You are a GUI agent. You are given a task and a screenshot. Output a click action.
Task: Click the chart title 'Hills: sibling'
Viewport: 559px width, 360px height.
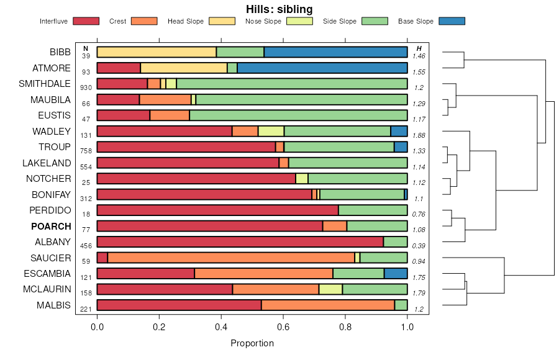(x=279, y=9)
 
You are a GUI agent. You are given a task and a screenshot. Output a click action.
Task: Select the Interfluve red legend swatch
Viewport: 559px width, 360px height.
(x=86, y=21)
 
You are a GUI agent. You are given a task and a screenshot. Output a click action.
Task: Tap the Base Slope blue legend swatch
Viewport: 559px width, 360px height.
(x=452, y=21)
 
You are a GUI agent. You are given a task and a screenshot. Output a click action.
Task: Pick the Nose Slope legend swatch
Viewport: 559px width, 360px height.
(x=299, y=21)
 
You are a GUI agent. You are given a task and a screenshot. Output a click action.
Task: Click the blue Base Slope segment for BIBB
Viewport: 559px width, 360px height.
(x=335, y=52)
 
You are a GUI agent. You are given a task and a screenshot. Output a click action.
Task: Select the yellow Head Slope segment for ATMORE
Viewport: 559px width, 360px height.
(x=184, y=68)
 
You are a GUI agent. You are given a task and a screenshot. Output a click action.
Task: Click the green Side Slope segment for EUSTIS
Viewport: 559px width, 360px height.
(x=298, y=115)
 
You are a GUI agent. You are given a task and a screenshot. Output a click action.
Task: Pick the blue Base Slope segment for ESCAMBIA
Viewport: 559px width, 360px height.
(x=396, y=274)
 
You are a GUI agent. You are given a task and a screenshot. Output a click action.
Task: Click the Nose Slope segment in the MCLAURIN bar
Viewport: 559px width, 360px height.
(x=330, y=289)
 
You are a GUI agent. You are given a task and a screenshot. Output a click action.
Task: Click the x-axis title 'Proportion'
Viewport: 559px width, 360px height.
(x=252, y=343)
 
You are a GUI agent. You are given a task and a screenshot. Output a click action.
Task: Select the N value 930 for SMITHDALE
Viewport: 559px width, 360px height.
(x=86, y=88)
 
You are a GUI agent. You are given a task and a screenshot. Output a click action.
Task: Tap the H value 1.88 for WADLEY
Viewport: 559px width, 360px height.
(x=419, y=135)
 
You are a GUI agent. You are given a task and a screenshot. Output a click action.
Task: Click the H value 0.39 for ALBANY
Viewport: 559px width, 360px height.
(x=419, y=246)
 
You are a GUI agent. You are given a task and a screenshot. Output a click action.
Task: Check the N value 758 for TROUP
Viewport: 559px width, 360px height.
(x=86, y=151)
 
